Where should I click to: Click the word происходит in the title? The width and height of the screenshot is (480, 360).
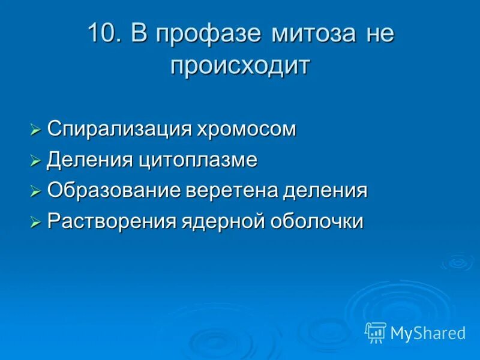click(240, 65)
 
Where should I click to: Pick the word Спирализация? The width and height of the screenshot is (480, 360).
click(119, 129)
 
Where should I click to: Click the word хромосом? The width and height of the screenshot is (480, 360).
click(247, 129)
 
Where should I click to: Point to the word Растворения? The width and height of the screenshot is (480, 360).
click(112, 221)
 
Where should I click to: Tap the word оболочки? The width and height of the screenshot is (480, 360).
click(317, 221)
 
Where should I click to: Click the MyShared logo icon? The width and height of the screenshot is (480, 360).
click(375, 332)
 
